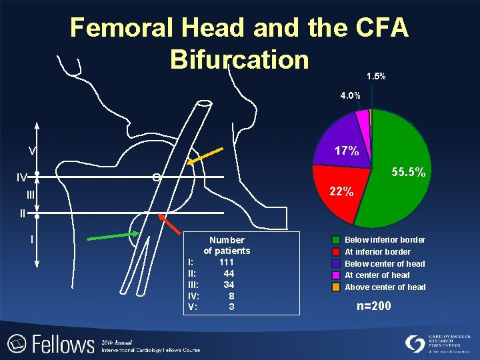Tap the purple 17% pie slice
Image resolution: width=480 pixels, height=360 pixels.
click(344, 143)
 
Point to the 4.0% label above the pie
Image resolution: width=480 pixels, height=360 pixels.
click(350, 96)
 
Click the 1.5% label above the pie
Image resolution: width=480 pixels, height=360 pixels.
click(376, 77)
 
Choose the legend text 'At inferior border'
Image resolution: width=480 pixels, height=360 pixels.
click(377, 252)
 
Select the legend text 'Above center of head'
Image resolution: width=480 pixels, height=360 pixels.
click(385, 287)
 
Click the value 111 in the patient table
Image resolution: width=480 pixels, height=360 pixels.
click(227, 263)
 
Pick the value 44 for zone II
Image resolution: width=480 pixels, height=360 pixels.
click(229, 274)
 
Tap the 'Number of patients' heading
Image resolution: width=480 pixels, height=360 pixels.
click(227, 245)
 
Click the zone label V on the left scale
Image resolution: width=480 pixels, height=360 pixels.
click(31, 149)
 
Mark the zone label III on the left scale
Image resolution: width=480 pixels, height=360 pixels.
click(31, 195)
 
